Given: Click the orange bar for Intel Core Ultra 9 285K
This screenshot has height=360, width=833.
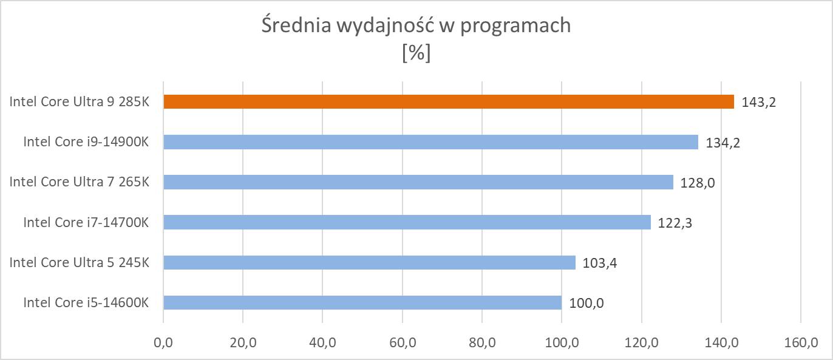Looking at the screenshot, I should click(x=449, y=101).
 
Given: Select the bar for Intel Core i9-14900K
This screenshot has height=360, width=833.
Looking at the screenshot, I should click(x=431, y=142).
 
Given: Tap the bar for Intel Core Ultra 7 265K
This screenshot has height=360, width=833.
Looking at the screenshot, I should click(x=418, y=182).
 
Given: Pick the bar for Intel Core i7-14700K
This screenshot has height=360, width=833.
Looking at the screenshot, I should click(x=407, y=222).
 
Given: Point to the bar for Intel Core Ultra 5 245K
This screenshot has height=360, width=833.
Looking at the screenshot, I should click(x=369, y=262).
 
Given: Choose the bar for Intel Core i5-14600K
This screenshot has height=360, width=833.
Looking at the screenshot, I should click(x=362, y=302).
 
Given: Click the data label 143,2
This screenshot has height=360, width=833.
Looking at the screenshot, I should click(x=759, y=102).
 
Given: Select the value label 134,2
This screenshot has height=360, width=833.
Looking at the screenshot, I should click(x=723, y=143).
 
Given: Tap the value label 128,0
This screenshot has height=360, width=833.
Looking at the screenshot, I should click(x=698, y=183).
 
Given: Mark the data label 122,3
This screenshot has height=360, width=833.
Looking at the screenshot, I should click(x=675, y=223).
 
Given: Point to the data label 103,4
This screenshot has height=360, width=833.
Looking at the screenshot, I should click(x=600, y=263).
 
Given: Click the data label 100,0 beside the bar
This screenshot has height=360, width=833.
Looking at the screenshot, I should click(x=586, y=303).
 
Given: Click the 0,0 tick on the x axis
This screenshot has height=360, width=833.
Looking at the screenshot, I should click(x=163, y=343).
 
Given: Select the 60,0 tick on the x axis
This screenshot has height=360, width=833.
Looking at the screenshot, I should click(x=403, y=343).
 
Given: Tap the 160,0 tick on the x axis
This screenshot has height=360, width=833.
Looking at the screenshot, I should click(x=801, y=343).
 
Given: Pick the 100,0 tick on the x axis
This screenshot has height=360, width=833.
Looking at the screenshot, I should click(x=562, y=343).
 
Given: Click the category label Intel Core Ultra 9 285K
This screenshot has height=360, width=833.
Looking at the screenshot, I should click(x=79, y=101).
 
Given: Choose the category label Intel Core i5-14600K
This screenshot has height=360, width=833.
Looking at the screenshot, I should click(x=86, y=302).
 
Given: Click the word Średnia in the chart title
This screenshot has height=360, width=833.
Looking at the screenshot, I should click(x=294, y=26).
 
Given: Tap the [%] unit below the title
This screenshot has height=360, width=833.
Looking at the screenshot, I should click(x=416, y=53).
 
